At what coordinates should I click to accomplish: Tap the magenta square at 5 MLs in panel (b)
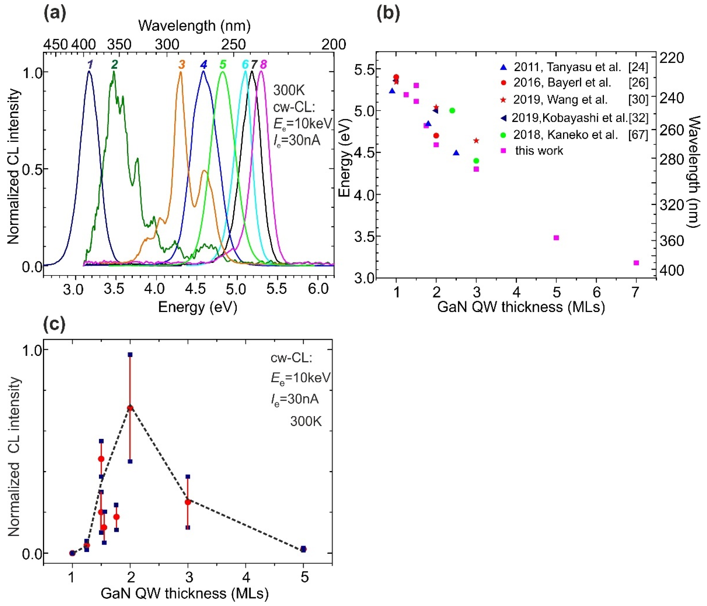pos(556,238)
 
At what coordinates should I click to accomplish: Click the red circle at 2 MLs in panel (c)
pos(130,408)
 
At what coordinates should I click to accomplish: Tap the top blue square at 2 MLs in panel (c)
pos(130,355)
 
